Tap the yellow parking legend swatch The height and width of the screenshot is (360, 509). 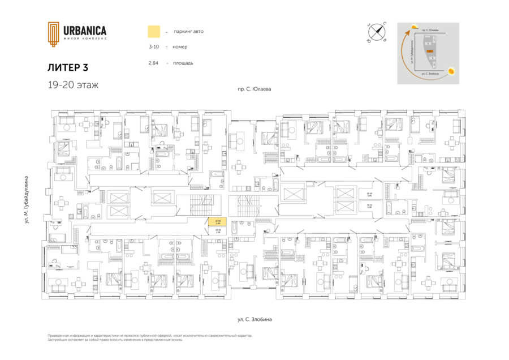(153, 31)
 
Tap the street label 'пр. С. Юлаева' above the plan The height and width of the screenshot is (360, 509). (255, 89)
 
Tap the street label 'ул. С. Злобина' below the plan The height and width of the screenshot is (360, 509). (255, 320)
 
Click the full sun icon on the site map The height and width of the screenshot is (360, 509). (451, 71)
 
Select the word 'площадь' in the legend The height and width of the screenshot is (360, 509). (184, 63)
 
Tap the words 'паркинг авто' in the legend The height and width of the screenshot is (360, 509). (189, 31)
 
